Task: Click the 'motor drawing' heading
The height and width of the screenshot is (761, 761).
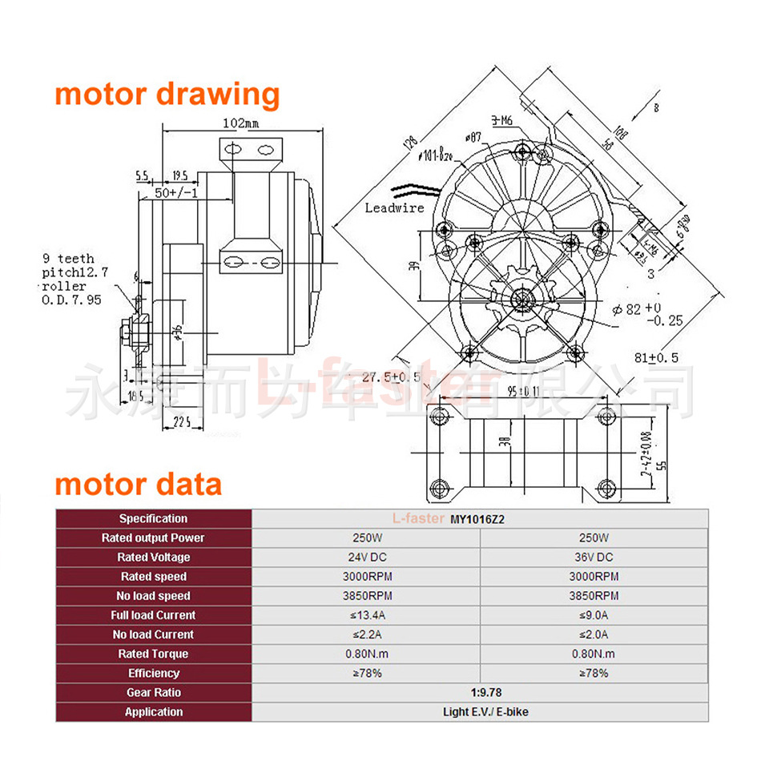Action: click(x=167, y=94)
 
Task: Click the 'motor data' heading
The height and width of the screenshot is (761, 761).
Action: click(x=138, y=485)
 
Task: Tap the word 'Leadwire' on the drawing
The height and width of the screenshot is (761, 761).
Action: click(x=394, y=207)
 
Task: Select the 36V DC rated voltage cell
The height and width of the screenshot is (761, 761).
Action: click(x=594, y=558)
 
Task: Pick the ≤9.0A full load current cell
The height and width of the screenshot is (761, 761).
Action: click(x=594, y=615)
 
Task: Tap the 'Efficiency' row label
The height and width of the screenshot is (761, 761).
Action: click(x=153, y=674)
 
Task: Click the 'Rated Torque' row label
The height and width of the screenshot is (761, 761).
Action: click(x=153, y=654)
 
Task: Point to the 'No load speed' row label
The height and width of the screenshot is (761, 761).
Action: click(x=153, y=596)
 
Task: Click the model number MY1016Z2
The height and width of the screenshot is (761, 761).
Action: click(x=477, y=519)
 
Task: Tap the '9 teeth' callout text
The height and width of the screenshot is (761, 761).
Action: click(x=68, y=258)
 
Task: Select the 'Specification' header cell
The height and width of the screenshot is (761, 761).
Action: click(x=153, y=519)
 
